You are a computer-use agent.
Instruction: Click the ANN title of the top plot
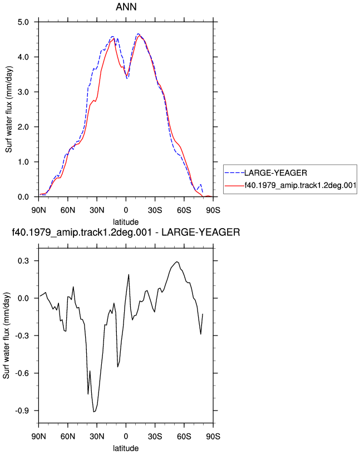coord(126,7)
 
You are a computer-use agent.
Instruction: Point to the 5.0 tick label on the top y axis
coord(23,22)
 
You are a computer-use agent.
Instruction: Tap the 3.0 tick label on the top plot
coord(23,92)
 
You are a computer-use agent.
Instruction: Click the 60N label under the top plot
coord(68,210)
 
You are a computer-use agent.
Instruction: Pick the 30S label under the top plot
coord(155,210)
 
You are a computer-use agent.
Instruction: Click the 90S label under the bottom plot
coord(213,436)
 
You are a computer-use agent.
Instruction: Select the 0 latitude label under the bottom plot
coord(126,436)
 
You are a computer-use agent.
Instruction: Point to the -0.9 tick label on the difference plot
coord(22,411)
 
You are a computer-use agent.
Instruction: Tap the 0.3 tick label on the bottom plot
coord(23,260)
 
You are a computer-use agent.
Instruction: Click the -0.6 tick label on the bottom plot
coord(22,373)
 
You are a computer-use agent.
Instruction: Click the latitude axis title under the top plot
coord(126,222)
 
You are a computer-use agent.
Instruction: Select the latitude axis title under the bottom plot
coord(126,448)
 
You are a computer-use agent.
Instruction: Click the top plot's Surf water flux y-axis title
coord(9,109)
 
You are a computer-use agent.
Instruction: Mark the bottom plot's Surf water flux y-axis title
coord(7,335)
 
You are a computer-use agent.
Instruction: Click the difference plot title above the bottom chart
coord(126,232)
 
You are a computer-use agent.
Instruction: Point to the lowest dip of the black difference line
coord(94,412)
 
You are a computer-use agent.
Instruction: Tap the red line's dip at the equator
coord(126,76)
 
